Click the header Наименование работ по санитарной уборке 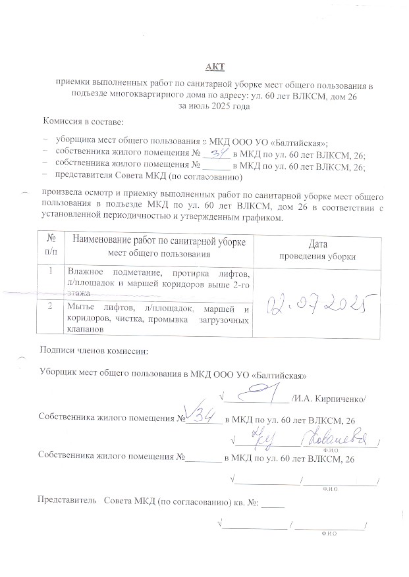(159, 241)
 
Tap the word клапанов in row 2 (85, 330)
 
